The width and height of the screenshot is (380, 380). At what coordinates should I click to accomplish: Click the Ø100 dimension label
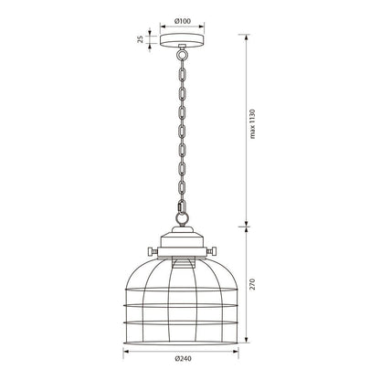point(183,21)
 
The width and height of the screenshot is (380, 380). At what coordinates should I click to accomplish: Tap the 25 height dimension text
point(141,39)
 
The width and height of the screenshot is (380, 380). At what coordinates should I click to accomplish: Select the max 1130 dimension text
point(252,124)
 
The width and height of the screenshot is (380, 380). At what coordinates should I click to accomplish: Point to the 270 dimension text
point(252,284)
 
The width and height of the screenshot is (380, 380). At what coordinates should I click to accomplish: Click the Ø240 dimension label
point(184,358)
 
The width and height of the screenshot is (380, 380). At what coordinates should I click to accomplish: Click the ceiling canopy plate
point(183,40)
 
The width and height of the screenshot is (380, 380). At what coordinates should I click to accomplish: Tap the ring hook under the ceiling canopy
point(183,55)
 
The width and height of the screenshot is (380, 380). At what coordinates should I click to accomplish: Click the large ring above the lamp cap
point(182,218)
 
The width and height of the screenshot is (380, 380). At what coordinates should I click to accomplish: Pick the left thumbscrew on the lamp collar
point(153,251)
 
